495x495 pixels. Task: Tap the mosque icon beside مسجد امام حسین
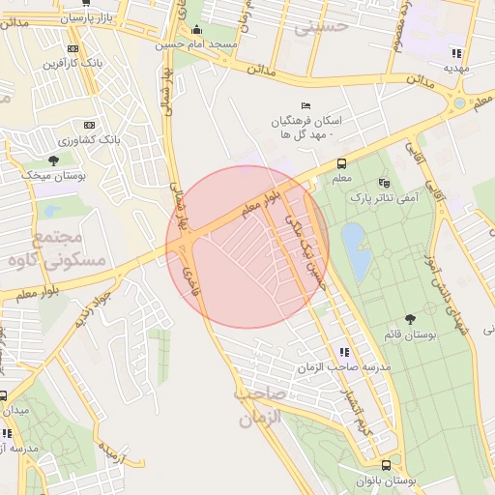[x=196, y=30]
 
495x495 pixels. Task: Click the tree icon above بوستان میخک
[x=53, y=160]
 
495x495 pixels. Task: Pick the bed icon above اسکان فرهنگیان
[x=306, y=105]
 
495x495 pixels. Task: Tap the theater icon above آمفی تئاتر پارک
[x=385, y=182]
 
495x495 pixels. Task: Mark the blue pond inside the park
[x=354, y=248]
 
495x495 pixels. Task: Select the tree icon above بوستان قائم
[x=411, y=318]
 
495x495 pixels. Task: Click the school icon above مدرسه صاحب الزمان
[x=343, y=352]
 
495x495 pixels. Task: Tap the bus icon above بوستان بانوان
[x=386, y=465]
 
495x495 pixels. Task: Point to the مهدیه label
[x=456, y=69]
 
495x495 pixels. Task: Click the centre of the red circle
[x=247, y=247]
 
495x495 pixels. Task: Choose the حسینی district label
[x=320, y=28]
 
